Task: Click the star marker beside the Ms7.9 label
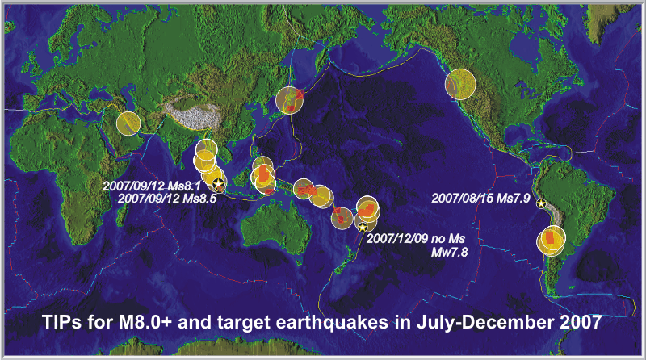point(541,203)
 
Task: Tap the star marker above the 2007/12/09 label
point(362,227)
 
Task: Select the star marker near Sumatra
point(219,183)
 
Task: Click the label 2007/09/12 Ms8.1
point(152,186)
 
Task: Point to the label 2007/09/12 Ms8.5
point(167,199)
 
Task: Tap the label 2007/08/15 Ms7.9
point(480,198)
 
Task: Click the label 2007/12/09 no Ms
point(416,238)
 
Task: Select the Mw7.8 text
point(450,252)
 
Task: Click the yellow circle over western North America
point(460,84)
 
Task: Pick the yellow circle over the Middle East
point(128,123)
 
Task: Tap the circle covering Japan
point(289,100)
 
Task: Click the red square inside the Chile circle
point(550,239)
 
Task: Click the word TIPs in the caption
point(62,322)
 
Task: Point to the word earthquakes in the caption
point(332,322)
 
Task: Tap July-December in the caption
point(485,322)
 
